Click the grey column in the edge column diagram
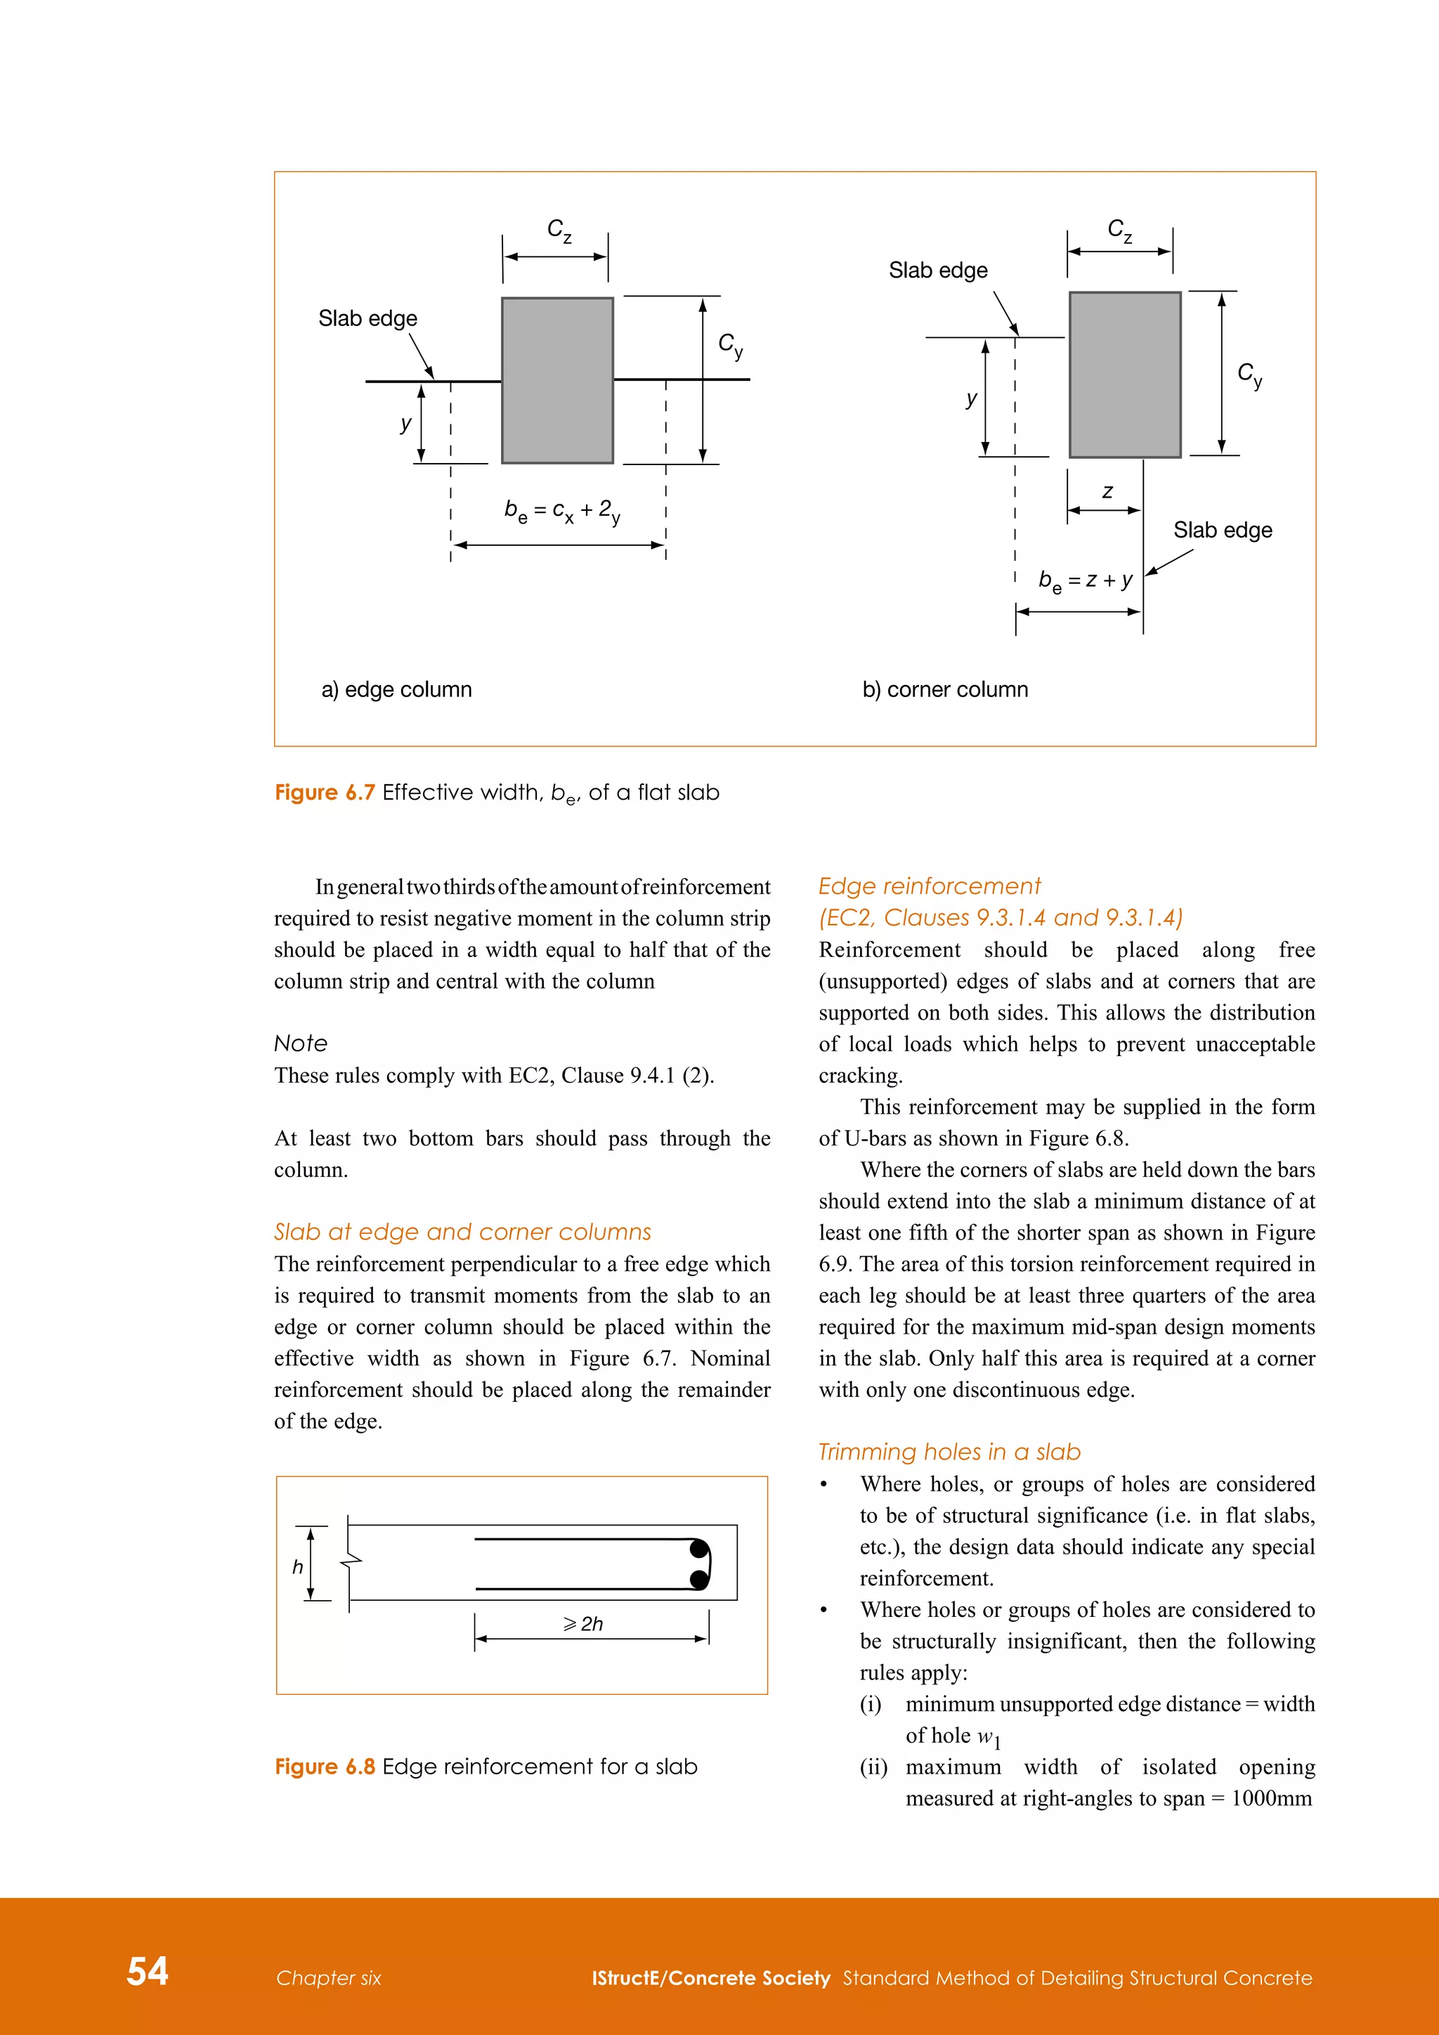(557, 380)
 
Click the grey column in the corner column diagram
(1124, 374)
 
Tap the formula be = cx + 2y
(562, 512)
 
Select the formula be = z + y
(1085, 580)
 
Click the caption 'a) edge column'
(396, 689)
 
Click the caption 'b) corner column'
(944, 689)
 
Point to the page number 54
(147, 1970)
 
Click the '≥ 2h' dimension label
(583, 1624)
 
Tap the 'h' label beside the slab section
(298, 1567)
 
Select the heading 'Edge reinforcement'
(929, 885)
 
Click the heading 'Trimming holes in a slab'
(949, 1452)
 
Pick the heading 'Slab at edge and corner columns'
(462, 1232)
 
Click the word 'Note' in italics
(301, 1043)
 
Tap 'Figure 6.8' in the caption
(325, 1767)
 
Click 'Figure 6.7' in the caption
(325, 793)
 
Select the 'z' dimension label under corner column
(1107, 492)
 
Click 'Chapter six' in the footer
(328, 1977)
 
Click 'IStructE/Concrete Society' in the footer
(710, 1977)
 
